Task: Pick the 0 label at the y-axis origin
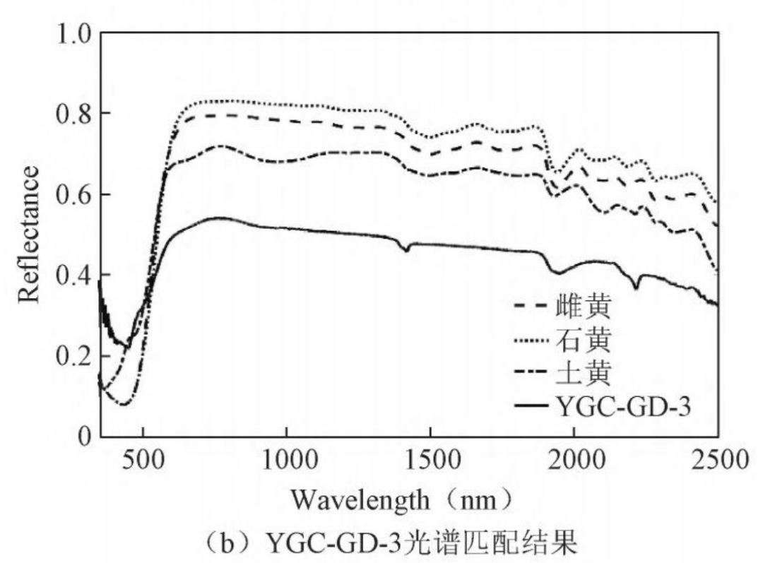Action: pyautogui.click(x=83, y=436)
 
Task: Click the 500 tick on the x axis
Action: pyautogui.click(x=143, y=460)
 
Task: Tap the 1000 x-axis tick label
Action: pyautogui.click(x=287, y=460)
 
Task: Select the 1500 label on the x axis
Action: pyautogui.click(x=430, y=460)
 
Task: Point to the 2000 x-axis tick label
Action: pyautogui.click(x=574, y=460)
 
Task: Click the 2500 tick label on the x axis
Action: pyautogui.click(x=717, y=460)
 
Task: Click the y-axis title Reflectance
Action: pyautogui.click(x=30, y=234)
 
